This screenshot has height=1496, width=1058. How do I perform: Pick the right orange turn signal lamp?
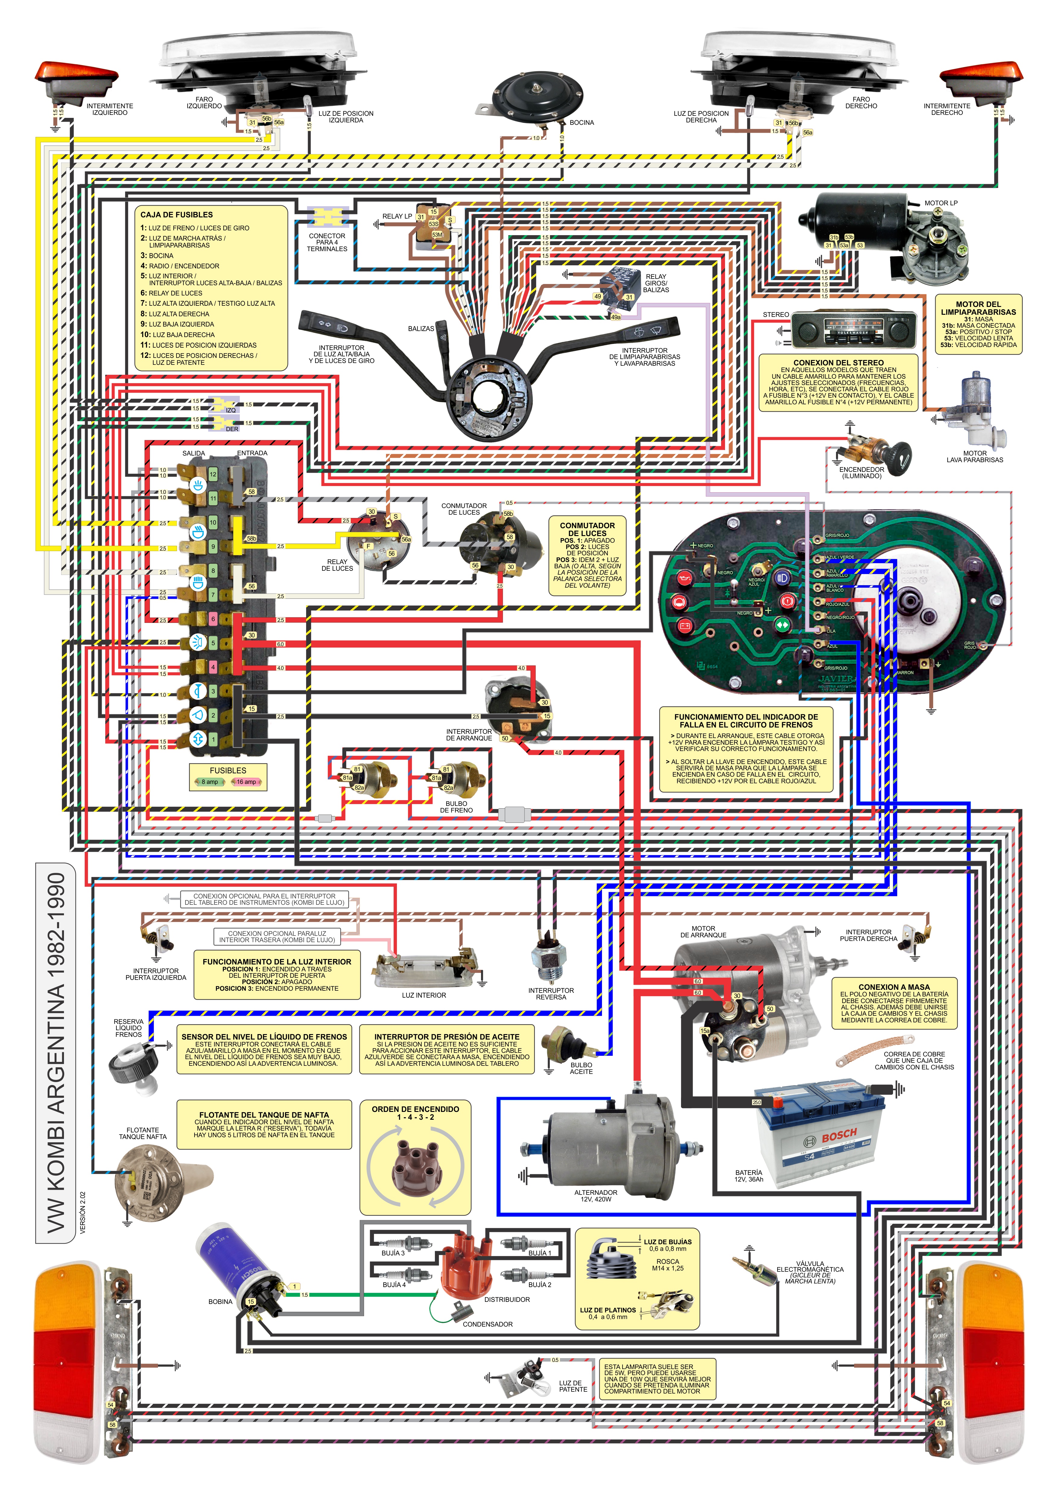981,76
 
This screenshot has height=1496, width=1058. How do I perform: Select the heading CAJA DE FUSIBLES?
177,214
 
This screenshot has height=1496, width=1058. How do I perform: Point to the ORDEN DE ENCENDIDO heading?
415,1109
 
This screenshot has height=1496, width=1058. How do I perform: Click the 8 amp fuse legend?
209,782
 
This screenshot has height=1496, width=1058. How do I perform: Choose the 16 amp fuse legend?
246,782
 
